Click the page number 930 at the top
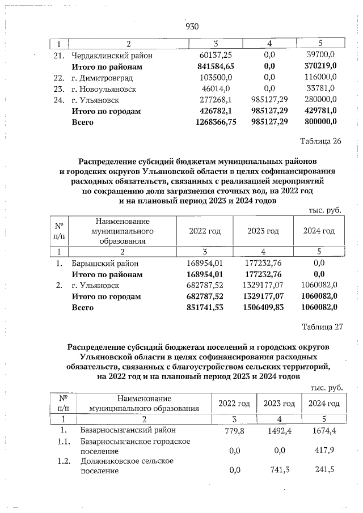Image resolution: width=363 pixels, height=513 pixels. [192, 26]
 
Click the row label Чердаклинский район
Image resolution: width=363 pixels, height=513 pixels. [112, 56]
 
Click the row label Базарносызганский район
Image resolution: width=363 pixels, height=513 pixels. [128, 430]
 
